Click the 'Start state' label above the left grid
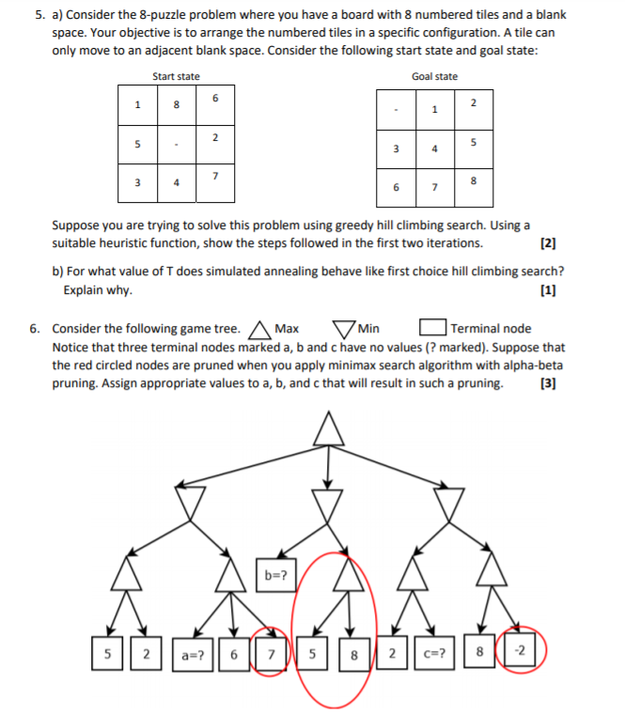(176, 76)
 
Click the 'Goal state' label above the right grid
(434, 76)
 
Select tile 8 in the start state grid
(177, 105)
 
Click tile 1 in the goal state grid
(433, 110)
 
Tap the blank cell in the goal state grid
(395, 110)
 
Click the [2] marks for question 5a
(550, 244)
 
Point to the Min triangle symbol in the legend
(344, 330)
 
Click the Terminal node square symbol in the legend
(431, 329)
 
